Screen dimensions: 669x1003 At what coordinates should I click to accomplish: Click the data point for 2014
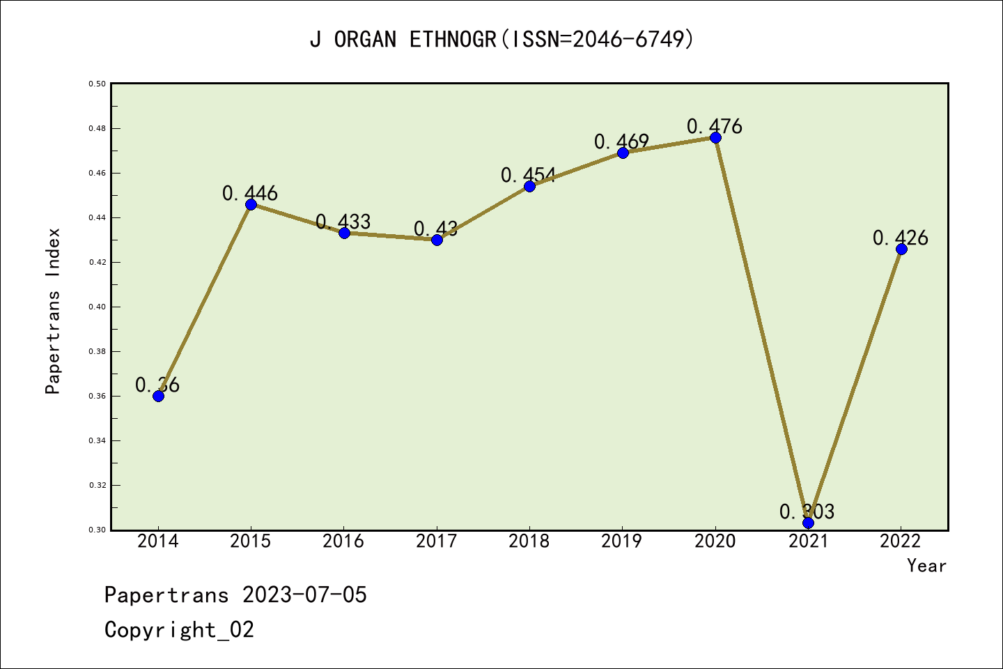158,396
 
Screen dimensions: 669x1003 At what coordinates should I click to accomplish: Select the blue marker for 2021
808,523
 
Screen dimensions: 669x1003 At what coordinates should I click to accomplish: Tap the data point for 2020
715,137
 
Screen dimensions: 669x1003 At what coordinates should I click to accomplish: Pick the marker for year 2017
437,240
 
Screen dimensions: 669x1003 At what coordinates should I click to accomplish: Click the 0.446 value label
250,193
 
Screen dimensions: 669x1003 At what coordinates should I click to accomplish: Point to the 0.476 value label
715,126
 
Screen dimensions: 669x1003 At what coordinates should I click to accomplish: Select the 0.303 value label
807,512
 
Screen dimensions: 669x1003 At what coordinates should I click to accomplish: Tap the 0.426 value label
901,238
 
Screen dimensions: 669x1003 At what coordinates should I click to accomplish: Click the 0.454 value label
529,175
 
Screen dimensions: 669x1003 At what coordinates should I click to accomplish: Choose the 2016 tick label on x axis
343,541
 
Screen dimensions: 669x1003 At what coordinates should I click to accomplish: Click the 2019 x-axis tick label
622,541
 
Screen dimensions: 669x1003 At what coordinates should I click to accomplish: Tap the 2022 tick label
901,541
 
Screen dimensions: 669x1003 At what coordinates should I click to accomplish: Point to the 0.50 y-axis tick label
97,84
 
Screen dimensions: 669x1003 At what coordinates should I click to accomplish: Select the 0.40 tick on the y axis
97,307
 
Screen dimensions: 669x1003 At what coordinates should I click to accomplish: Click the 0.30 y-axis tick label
97,530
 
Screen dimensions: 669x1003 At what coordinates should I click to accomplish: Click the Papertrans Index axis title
53,311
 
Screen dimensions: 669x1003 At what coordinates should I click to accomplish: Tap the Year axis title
926,565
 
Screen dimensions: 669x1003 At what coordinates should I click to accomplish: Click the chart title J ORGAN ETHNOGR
501,40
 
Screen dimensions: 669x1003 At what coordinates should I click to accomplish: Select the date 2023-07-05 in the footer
304,594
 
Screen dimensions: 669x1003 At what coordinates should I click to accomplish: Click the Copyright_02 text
179,629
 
